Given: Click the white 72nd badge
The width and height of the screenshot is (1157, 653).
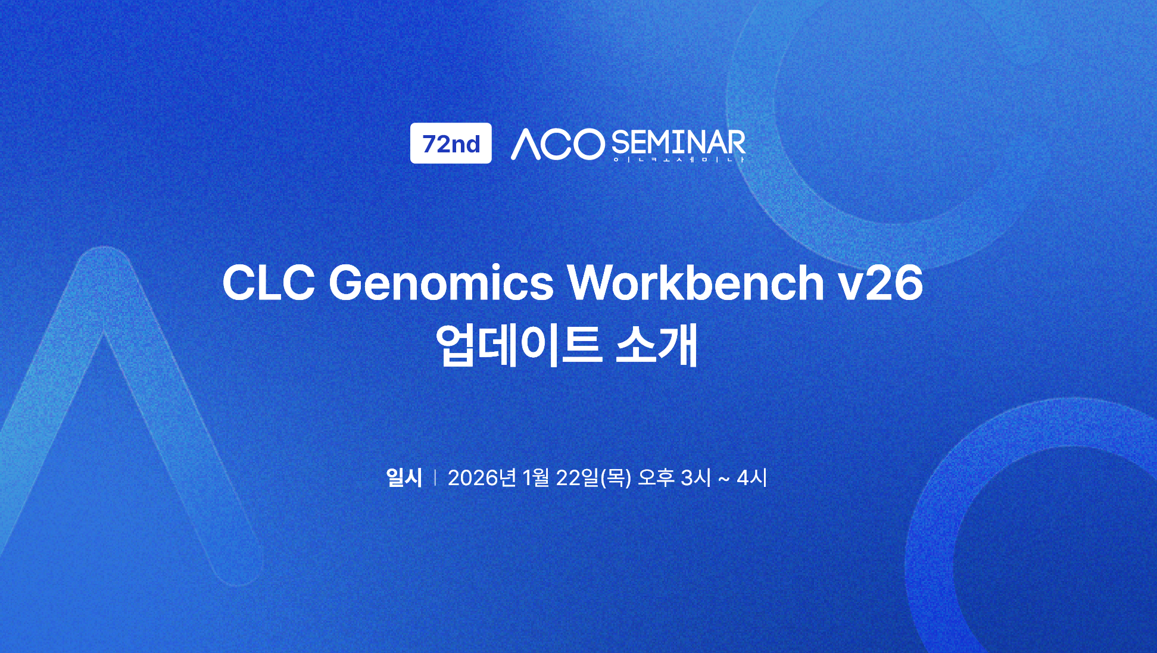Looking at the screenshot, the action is coord(451,143).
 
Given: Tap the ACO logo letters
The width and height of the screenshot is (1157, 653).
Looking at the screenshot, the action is coord(557,145).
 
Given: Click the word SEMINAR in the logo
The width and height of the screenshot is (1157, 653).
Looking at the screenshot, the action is coord(678,143).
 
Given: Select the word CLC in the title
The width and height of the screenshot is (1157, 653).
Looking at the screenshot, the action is coord(269,283).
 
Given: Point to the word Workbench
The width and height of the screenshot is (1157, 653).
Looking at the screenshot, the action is coord(696,282).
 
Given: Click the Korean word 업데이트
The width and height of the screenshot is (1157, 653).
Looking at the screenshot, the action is coord(518,345).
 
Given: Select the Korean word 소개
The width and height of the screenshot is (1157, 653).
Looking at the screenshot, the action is coord(656,345).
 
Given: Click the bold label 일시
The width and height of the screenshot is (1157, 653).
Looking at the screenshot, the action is coord(404,477).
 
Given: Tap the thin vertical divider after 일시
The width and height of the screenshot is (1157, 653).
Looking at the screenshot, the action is coord(435,477).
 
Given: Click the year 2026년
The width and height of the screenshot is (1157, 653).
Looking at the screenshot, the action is coord(482,477).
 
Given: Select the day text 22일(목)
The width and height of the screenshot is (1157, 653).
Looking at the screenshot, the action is coord(593,477).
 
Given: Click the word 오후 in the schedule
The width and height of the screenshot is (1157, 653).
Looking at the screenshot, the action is coord(656,477).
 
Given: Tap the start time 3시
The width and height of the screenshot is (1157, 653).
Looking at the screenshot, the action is coord(696,477).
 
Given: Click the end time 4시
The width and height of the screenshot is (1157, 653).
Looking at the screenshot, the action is coord(751,477).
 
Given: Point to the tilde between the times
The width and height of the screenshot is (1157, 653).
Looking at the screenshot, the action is coord(723,479).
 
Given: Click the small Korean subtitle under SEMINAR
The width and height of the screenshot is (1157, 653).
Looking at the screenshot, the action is coord(679,160).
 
